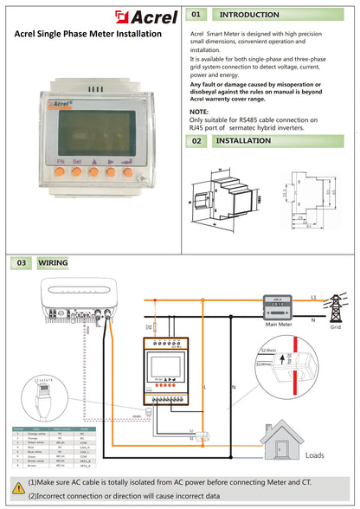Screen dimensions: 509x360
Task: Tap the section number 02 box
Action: [x=196, y=140]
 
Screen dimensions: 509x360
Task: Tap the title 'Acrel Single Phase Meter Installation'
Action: [x=88, y=33]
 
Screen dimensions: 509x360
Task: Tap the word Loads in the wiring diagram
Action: [x=315, y=454]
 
